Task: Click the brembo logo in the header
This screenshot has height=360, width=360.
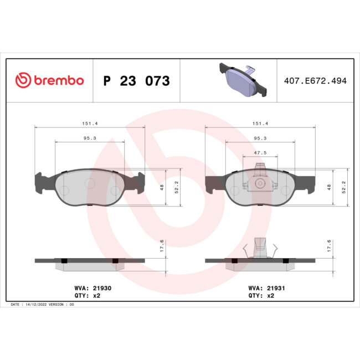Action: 49,80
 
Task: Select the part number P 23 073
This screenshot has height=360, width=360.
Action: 137,81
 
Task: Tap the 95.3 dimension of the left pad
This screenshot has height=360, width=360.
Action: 90,138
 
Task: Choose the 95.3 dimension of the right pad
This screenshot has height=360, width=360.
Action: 260,138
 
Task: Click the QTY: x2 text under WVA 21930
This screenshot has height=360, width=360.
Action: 87,296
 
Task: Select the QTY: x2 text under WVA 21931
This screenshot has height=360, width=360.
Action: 258,296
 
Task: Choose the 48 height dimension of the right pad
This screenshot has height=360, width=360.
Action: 330,187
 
